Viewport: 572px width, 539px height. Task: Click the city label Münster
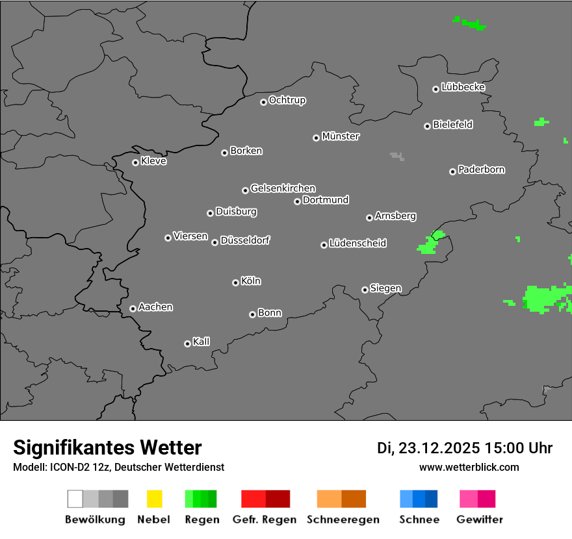pos(341,136)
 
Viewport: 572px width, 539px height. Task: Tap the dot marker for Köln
pos(235,282)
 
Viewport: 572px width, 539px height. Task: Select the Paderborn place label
pos(481,169)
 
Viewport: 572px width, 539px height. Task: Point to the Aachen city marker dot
pos(133,308)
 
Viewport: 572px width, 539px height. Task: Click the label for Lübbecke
pos(463,87)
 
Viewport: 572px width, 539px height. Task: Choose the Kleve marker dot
pos(135,162)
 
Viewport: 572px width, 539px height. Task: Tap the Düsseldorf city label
pos(245,240)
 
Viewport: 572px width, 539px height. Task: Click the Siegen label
pos(385,288)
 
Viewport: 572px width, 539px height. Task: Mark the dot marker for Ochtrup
pos(263,101)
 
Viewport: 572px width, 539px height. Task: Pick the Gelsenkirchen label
pos(283,188)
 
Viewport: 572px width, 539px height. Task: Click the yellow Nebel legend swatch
pos(154,499)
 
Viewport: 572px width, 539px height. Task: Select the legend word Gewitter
pos(480,520)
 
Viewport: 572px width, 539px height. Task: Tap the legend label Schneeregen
pos(343,520)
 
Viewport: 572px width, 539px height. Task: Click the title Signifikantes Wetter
pos(107,447)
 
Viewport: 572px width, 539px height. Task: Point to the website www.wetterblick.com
pos(469,467)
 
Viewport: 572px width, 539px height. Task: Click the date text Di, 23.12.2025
pos(428,448)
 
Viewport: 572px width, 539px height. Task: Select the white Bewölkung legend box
pos(75,499)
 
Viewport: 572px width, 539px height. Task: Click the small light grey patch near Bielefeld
pos(396,156)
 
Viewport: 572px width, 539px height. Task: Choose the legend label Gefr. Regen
pos(264,520)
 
